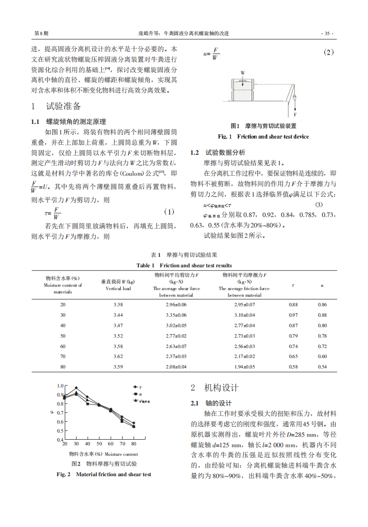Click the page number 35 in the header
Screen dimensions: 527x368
327,34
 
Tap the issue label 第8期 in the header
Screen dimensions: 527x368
41,34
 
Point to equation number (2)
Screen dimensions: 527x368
329,53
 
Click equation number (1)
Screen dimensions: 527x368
169,212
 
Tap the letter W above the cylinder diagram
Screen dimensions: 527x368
242,73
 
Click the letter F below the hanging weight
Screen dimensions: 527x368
295,114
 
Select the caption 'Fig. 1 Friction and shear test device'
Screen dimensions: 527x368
263,137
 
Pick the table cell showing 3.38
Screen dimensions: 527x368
118,304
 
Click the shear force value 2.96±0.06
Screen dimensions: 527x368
176,304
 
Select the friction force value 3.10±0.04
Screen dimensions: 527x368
244,315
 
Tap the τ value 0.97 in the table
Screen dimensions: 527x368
293,315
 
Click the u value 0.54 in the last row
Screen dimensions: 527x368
322,367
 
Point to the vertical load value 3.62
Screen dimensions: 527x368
118,357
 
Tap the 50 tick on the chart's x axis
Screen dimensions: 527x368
99,444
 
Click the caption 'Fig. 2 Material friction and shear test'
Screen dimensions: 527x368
104,474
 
